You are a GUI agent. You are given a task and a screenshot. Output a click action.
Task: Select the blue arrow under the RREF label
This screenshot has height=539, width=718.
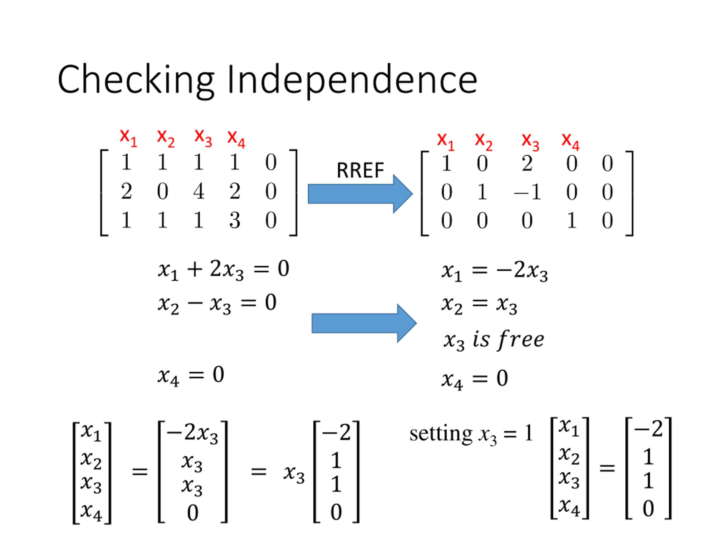[x=360, y=194]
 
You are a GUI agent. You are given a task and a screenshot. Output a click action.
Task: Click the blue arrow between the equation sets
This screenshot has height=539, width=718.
[x=364, y=323]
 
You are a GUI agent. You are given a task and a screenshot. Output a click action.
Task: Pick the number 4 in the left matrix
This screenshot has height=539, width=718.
[x=199, y=191]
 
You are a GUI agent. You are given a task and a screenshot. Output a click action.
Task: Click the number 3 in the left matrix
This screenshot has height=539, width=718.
[x=235, y=220]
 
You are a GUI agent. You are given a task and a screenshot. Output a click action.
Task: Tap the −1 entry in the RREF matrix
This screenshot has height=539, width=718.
[x=527, y=192]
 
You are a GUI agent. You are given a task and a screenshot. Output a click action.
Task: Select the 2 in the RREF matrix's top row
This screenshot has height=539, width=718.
[x=527, y=163]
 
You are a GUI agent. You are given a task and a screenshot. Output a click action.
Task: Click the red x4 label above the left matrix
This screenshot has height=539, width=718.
[x=236, y=139]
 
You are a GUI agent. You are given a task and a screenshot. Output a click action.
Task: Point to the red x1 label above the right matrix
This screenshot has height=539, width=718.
[x=446, y=141]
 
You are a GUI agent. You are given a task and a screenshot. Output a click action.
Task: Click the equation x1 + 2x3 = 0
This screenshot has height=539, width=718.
[x=224, y=270]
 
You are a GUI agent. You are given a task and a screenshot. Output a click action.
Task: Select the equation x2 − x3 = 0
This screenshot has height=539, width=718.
[x=217, y=304]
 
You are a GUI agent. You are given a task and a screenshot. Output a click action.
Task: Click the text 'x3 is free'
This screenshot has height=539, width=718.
[x=494, y=340]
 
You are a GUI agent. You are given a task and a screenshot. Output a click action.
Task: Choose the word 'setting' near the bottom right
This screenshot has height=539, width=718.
[x=441, y=434]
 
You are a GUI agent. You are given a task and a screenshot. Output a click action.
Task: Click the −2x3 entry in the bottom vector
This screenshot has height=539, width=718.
[x=192, y=433]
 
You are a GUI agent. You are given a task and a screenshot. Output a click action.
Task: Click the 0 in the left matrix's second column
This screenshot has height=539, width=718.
[x=163, y=191]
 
